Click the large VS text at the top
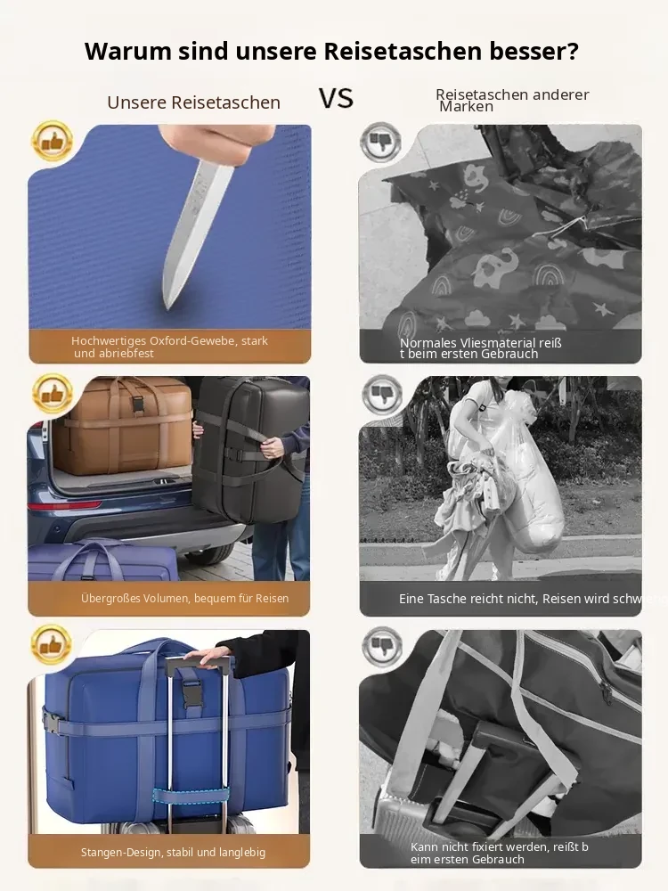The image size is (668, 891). pos(336,98)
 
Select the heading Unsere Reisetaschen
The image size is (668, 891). pos(193,102)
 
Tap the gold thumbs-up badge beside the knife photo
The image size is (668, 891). pos(53,141)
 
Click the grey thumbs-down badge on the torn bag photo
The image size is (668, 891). pos(380,142)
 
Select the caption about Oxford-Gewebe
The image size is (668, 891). pos(169,347)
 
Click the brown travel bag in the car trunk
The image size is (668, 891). pos(123,425)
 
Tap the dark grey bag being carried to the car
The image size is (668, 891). pos(250,449)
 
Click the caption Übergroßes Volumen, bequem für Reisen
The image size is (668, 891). pos(184,599)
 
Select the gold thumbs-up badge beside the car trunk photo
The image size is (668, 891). pos(53,393)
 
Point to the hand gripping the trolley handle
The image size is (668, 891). pos(211,658)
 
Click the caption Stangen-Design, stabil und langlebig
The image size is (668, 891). pos(174,853)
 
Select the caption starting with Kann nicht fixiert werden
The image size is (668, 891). pos(500,853)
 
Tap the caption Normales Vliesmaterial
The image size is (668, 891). pos(481,348)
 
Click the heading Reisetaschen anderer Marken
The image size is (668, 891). pos(512,100)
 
